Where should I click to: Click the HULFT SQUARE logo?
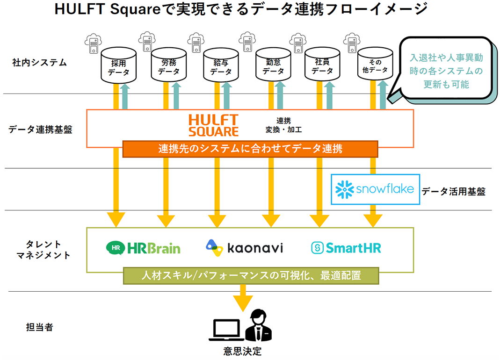[213, 125]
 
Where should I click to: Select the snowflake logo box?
[375, 189]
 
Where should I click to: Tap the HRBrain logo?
[143, 248]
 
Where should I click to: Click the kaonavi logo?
[244, 248]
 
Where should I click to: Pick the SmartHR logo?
[346, 248]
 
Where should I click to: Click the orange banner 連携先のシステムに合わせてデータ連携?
[250, 149]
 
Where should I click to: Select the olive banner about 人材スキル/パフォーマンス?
[251, 275]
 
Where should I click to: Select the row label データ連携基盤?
[40, 130]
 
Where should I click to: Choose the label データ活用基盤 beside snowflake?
[453, 191]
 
